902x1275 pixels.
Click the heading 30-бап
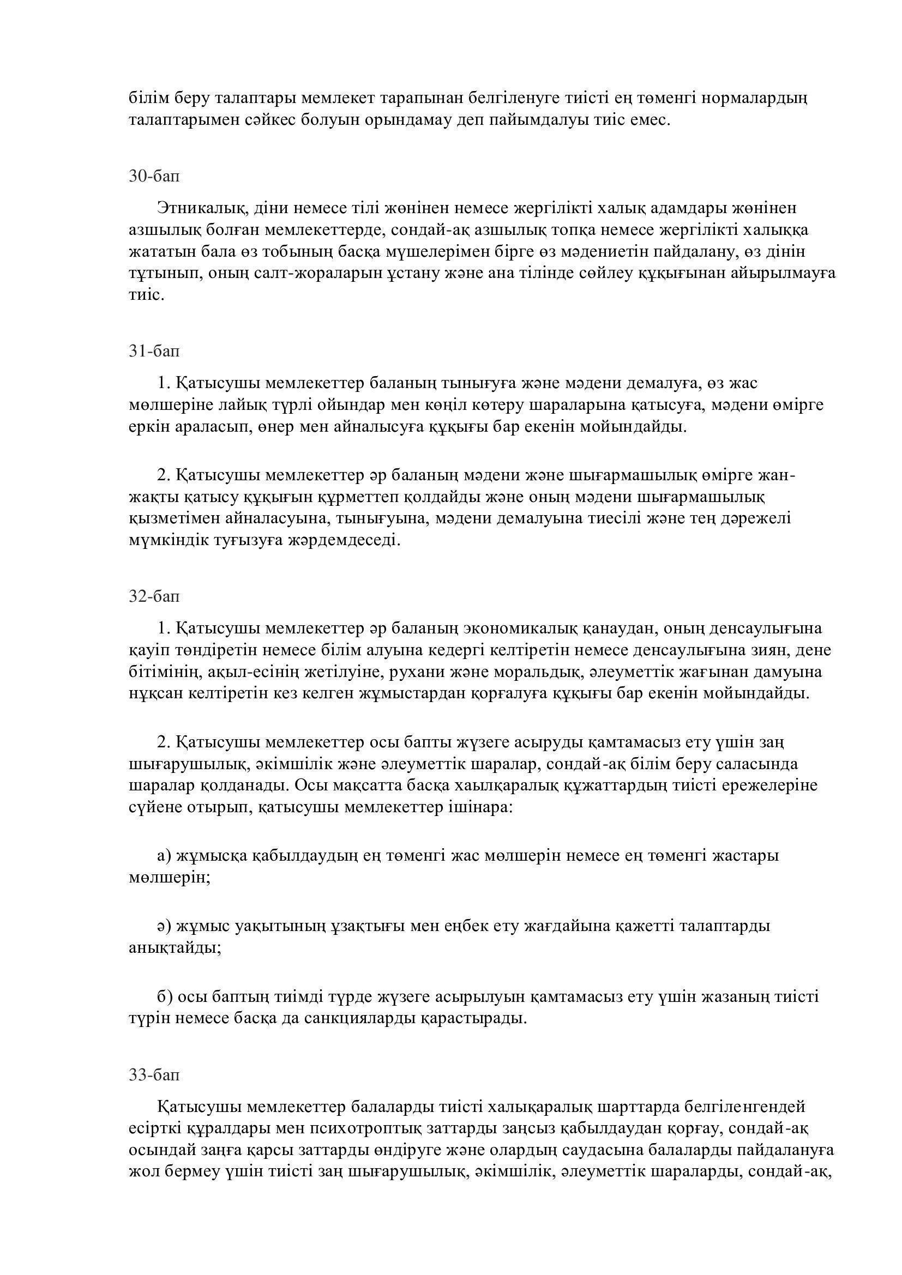point(154,176)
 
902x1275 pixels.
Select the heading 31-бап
point(154,351)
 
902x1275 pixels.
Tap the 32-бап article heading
point(154,596)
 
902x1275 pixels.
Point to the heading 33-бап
point(154,1075)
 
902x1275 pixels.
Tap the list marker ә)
point(164,926)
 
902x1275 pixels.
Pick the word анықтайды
point(175,947)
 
